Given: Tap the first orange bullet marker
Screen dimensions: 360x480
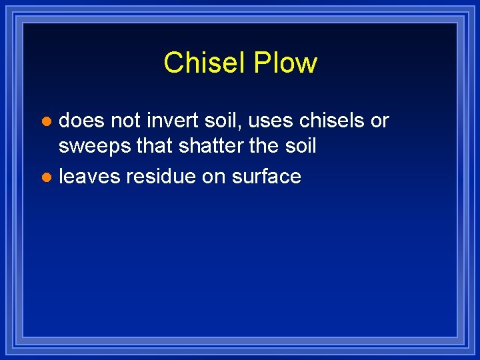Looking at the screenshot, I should (x=45, y=122).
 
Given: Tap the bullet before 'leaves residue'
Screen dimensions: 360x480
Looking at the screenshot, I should (x=45, y=177).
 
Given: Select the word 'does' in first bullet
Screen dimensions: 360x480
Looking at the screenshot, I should (x=81, y=121).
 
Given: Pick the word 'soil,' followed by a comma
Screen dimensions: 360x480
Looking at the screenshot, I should (x=215, y=121).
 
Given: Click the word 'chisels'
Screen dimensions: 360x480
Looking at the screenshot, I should (x=323, y=121).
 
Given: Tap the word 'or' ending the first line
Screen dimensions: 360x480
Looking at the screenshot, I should (x=379, y=121).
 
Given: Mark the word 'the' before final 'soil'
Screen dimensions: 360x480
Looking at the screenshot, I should (x=265, y=146).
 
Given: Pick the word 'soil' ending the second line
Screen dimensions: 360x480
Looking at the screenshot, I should (x=301, y=146).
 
